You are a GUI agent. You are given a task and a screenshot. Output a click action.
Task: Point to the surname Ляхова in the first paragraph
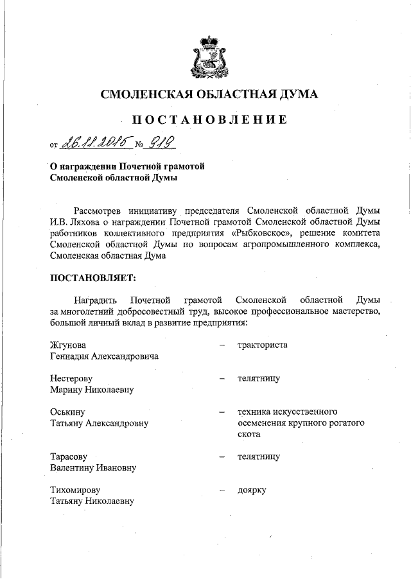[86, 221]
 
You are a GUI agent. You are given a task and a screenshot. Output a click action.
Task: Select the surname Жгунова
[68, 345]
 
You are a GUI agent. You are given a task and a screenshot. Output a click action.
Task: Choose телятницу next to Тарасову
[258, 456]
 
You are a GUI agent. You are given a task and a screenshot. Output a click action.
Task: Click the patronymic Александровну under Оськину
[116, 423]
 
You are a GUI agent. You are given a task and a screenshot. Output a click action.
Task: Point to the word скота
[248, 435]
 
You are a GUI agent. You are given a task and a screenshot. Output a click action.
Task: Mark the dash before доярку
[221, 490]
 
